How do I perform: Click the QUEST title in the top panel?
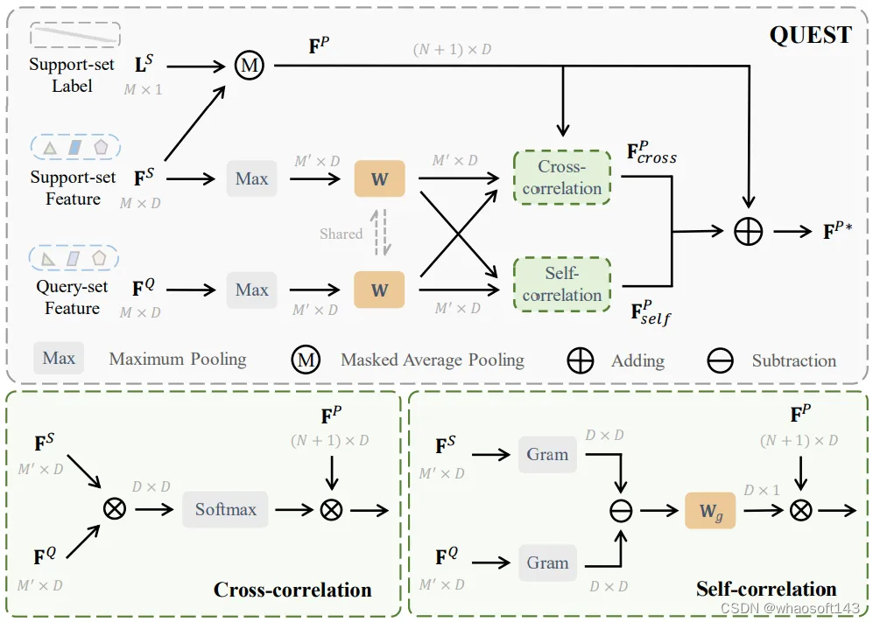coord(810,34)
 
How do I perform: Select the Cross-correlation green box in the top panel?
coord(561,178)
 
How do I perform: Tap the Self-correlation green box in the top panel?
coord(561,284)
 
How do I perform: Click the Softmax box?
coord(225,509)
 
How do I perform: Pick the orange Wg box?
coord(710,509)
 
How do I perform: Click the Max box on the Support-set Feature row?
coord(251,178)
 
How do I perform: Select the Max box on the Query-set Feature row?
coord(251,290)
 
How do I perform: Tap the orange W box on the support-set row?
coord(379,178)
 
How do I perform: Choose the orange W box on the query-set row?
coord(379,290)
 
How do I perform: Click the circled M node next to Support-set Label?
coord(250,66)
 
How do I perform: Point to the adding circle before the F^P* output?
coord(749,231)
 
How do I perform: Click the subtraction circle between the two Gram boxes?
coord(621,510)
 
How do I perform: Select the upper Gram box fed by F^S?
coord(547,454)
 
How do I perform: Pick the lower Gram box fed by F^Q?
coord(547,563)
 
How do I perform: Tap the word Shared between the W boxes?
coord(341,234)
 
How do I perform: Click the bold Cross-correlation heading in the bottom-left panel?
coord(292,590)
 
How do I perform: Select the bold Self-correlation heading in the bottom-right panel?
coord(766,589)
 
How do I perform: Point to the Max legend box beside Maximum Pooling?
coord(59,359)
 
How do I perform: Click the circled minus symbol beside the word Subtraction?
coord(720,361)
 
